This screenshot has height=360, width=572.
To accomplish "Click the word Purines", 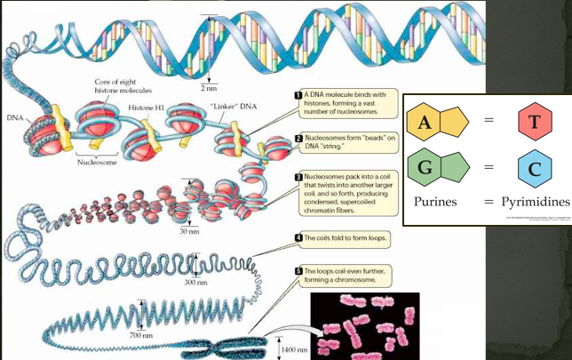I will pyautogui.click(x=435, y=202).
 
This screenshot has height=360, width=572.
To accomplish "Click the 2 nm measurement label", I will pyautogui.click(x=209, y=89).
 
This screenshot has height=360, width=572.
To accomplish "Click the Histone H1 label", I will pyautogui.click(x=146, y=108).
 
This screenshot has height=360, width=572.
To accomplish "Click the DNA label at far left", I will pyautogui.click(x=15, y=117).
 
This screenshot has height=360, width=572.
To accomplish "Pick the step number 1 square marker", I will pyautogui.click(x=298, y=94).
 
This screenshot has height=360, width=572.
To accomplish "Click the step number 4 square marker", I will pyautogui.click(x=298, y=238).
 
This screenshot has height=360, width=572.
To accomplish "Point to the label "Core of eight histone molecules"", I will pyautogui.click(x=123, y=86).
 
